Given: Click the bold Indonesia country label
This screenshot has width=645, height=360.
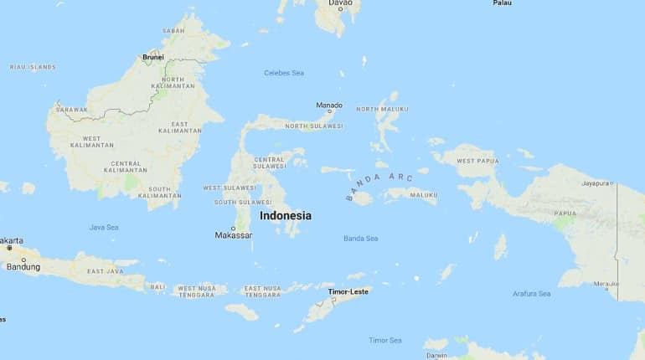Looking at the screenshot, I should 285,216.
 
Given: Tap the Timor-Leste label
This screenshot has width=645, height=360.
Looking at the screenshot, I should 348,291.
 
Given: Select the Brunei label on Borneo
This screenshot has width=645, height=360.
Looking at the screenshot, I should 153,57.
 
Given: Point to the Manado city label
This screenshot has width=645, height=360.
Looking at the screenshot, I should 329,105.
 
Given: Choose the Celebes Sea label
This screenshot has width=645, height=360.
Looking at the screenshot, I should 284,73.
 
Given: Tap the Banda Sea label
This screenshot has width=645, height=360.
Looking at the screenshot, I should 360,239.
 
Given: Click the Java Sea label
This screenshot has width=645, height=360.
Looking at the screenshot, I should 104,227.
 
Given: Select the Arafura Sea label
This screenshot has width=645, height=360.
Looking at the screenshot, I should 531,294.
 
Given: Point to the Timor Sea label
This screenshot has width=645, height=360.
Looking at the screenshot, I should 385,340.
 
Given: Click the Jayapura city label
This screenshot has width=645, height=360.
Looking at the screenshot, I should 594,183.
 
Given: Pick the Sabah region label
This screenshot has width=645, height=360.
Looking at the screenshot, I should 173,31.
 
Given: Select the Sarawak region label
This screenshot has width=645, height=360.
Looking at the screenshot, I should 71,110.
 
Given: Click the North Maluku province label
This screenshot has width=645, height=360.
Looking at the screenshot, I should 382,109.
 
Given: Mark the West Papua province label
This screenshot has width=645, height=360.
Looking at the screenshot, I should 477,161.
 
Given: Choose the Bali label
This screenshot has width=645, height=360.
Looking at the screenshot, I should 157,286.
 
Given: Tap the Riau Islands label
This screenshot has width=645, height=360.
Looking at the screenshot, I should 32,66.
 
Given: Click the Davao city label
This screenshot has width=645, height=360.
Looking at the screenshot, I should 340,3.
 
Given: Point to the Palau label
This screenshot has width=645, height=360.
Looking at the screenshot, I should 502,3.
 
